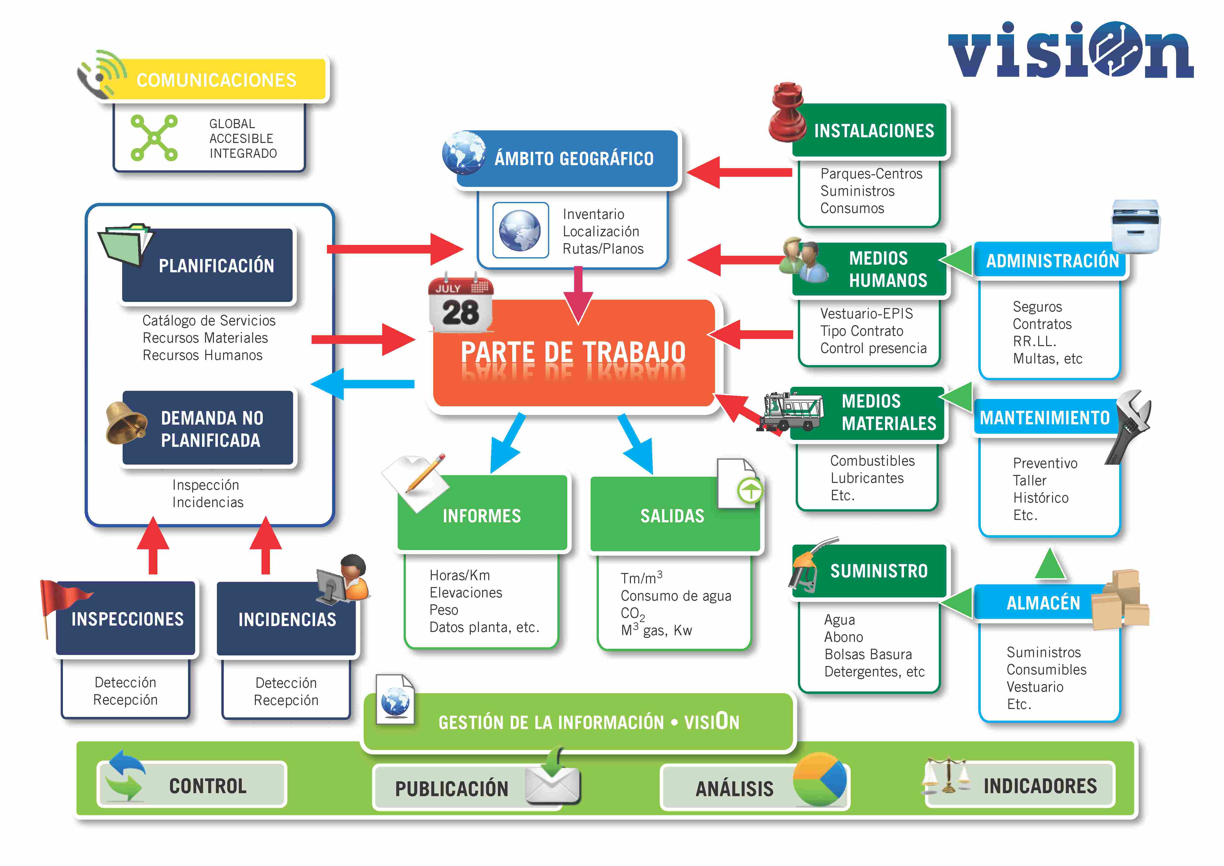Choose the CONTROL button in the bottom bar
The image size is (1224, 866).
click(192, 785)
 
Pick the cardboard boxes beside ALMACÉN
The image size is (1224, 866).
click(1120, 600)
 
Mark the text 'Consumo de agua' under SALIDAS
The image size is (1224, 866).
click(676, 596)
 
